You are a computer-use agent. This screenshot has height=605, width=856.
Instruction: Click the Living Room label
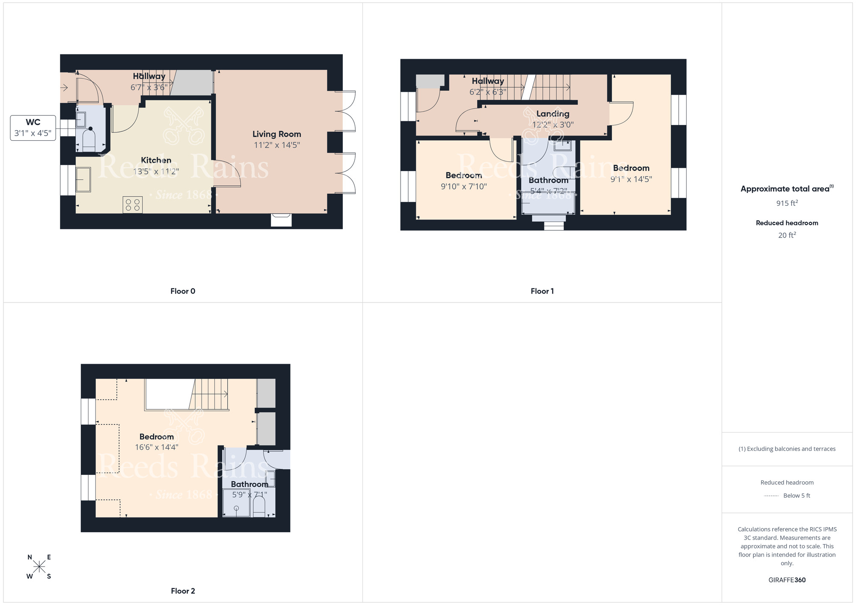point(276,134)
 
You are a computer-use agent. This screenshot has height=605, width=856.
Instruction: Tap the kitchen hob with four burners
point(133,205)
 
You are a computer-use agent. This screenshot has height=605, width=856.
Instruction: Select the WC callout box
point(33,128)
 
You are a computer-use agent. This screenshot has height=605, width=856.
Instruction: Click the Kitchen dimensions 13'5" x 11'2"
point(156,172)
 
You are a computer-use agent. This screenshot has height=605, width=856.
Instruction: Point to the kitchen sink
point(83,179)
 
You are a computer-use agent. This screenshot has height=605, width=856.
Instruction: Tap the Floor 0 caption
point(183,291)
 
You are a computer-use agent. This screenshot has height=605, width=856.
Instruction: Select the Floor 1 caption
point(542,291)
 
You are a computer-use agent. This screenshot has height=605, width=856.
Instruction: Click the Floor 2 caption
point(183,591)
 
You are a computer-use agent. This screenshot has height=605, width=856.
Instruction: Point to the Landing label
point(553,114)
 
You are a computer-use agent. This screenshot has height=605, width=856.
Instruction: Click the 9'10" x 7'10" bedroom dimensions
point(464,187)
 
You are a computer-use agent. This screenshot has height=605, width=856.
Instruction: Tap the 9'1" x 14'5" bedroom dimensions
point(631,179)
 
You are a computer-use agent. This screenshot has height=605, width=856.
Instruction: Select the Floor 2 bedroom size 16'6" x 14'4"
point(157,447)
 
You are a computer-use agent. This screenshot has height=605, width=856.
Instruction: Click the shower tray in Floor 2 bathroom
point(236,503)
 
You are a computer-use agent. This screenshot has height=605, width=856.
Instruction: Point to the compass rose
point(39,567)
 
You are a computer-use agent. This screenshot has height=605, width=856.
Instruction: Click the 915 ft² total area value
point(787,203)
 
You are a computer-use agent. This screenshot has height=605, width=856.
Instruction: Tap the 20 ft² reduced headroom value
point(787,235)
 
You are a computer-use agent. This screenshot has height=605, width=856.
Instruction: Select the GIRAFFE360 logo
point(787,580)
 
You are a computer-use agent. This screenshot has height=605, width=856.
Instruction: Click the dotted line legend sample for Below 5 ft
point(771,496)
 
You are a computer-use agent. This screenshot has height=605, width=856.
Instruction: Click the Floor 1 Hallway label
point(487,81)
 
